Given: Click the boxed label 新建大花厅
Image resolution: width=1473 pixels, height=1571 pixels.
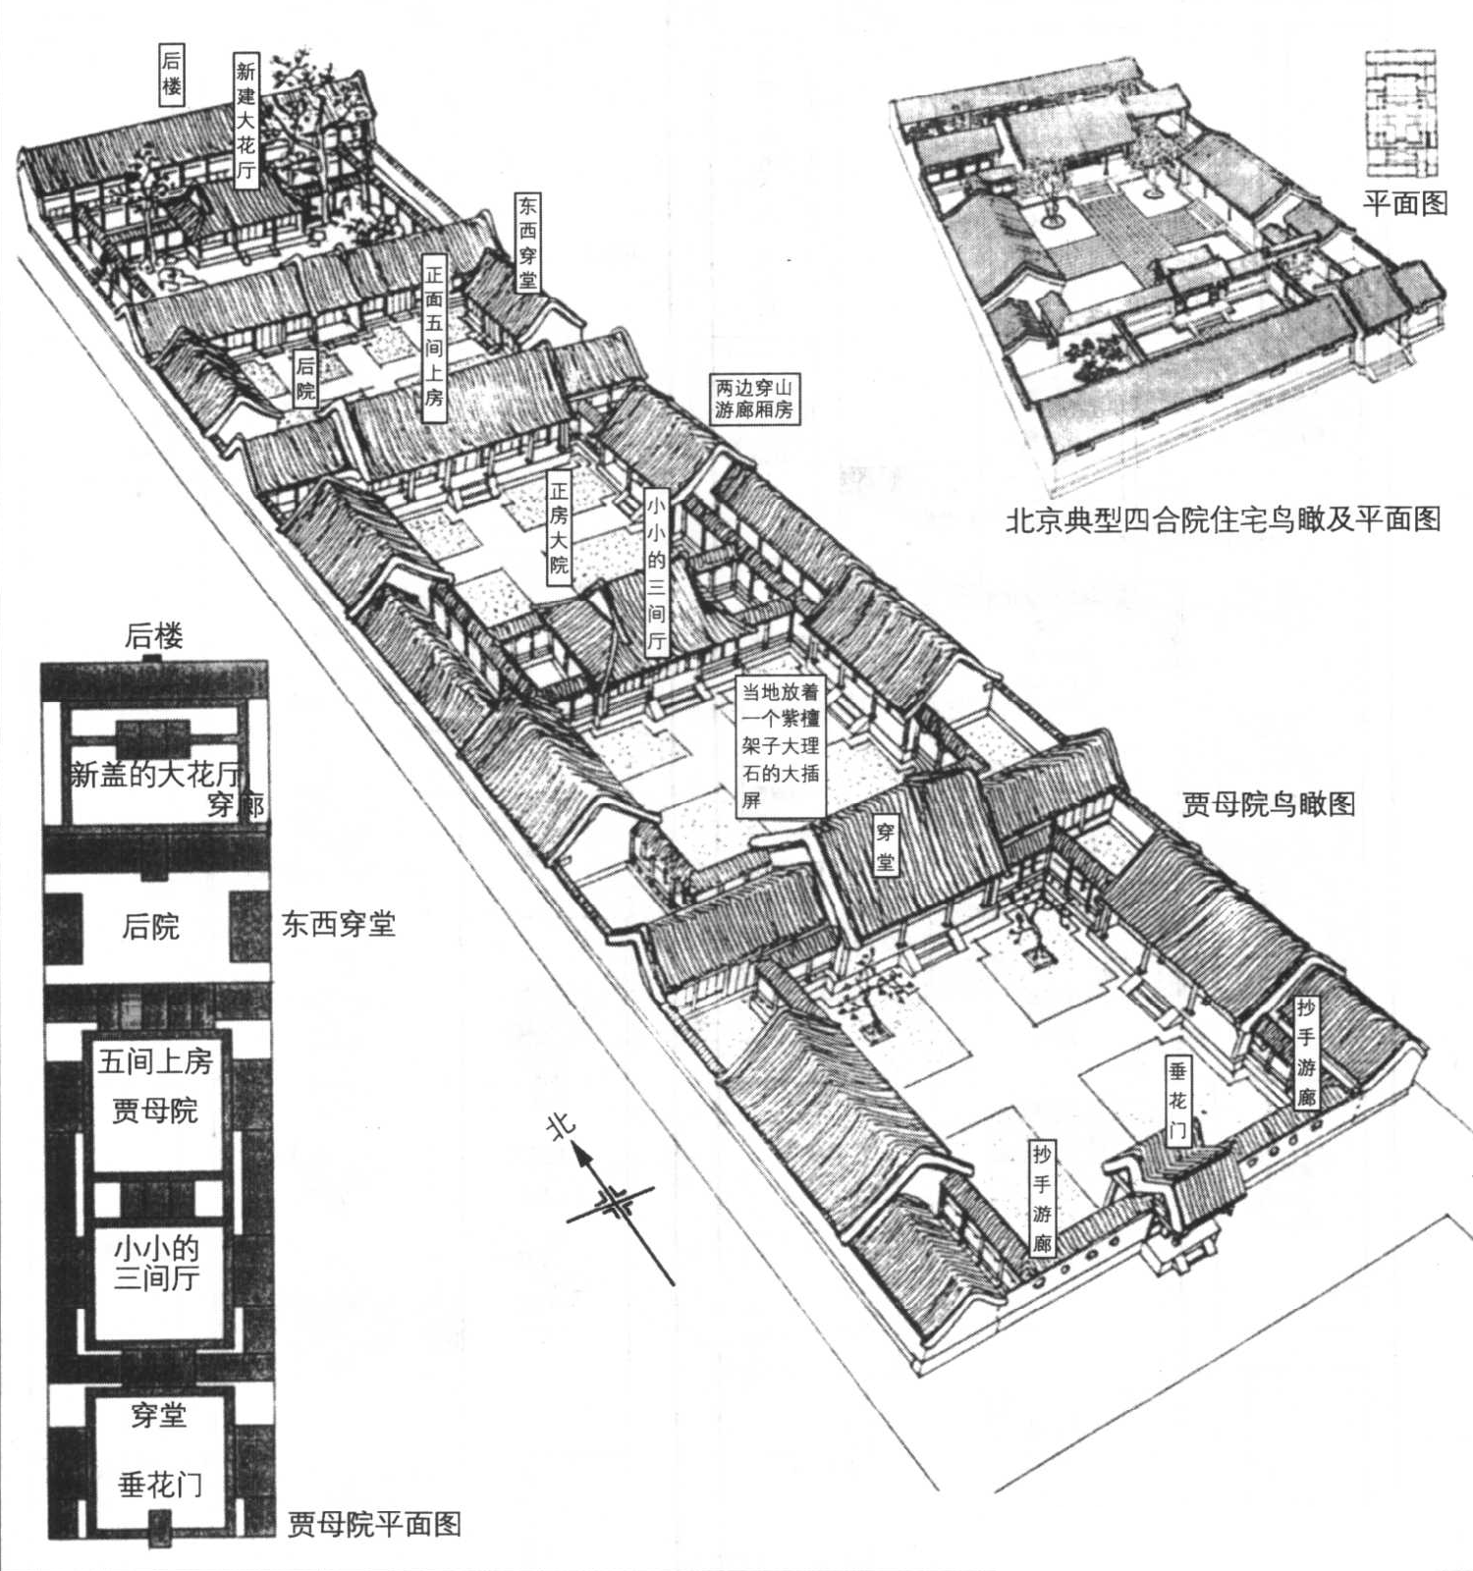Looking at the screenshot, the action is coord(245,119).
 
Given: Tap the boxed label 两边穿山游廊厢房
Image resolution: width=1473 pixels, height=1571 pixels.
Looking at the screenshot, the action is coord(754,399).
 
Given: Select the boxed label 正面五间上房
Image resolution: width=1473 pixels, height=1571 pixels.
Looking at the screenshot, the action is coord(433,339).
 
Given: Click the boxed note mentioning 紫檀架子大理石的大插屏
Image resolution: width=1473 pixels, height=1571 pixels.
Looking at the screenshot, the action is coord(780,746).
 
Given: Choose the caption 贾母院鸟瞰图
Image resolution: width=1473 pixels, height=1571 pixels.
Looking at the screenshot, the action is coord(1269,805).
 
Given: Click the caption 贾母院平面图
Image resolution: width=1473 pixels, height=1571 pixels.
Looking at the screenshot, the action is coord(374,1524).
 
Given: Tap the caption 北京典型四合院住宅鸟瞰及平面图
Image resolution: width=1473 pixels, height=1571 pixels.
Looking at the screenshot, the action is coord(1223,519).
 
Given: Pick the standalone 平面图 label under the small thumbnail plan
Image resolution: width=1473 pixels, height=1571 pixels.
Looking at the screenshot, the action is coord(1405,203).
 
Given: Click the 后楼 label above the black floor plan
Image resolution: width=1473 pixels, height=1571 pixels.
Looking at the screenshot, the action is coord(153,636).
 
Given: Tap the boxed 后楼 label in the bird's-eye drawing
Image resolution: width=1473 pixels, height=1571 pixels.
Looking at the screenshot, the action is coord(172,74).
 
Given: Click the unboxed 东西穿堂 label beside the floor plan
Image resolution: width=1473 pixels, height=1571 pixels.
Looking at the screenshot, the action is coord(338,924).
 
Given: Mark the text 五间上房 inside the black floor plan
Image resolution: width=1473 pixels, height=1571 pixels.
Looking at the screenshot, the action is coord(155,1061).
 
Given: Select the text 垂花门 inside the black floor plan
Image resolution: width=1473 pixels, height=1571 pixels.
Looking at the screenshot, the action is coord(161,1485).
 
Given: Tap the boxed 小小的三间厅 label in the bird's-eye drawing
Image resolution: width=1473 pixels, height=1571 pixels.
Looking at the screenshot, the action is coord(656,573).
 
